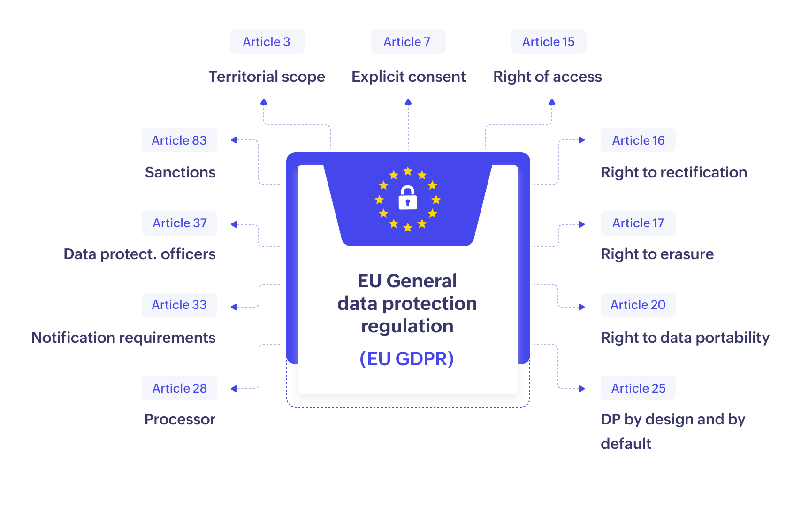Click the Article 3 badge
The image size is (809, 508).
pos(267,42)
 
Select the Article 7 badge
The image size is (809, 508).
pos(407,42)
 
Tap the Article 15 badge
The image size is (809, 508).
pos(549,42)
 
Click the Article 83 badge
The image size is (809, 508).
pos(179,140)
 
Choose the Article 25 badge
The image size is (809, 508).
pos(638,388)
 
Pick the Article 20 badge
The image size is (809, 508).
pos(638,305)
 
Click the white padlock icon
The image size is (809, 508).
pos(408,198)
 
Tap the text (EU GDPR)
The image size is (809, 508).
pos(407,359)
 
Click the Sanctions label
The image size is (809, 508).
pos(180,172)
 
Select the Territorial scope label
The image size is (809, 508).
pos(267,77)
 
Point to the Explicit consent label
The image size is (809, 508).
pos(408,77)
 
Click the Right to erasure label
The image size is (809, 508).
pos(657,254)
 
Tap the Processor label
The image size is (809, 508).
pos(180,419)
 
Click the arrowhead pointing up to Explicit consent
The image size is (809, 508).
pos(408,101)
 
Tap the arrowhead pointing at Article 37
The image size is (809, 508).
pos(234,224)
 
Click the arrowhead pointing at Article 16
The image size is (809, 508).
pos(582,140)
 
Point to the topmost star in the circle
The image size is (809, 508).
pos(408,171)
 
